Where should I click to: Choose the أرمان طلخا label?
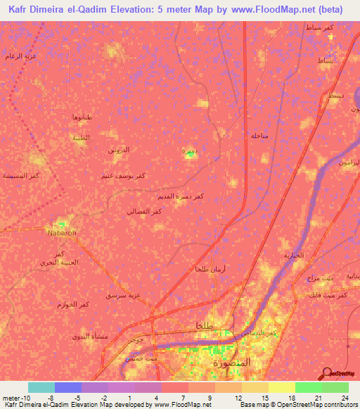[210, 269]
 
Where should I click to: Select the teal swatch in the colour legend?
[41, 387]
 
